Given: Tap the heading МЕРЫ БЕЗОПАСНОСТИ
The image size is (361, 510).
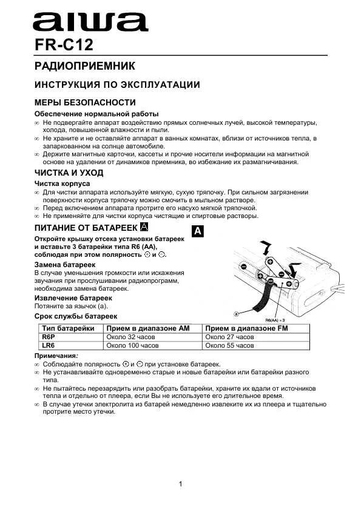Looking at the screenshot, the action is tap(84, 102).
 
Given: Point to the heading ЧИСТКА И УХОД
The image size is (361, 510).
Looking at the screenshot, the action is tap(69, 173).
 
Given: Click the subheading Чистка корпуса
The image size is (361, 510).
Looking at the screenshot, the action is tap(62, 183).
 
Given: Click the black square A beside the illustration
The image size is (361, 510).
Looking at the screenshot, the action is tap(198, 231).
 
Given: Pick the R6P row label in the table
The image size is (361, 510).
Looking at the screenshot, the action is tap(49, 337).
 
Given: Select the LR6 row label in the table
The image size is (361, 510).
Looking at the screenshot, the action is tap(49, 345).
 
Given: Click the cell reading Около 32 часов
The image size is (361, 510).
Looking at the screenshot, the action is tap(130, 337).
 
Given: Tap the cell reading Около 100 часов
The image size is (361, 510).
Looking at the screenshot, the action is tap(132, 345).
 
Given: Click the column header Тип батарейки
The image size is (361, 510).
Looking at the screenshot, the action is tap(68, 328).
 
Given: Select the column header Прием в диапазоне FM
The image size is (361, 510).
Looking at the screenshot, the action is tap(250, 328).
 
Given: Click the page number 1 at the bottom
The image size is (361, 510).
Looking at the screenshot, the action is tap(181, 483).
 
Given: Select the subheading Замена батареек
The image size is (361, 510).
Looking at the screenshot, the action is tap(65, 265).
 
